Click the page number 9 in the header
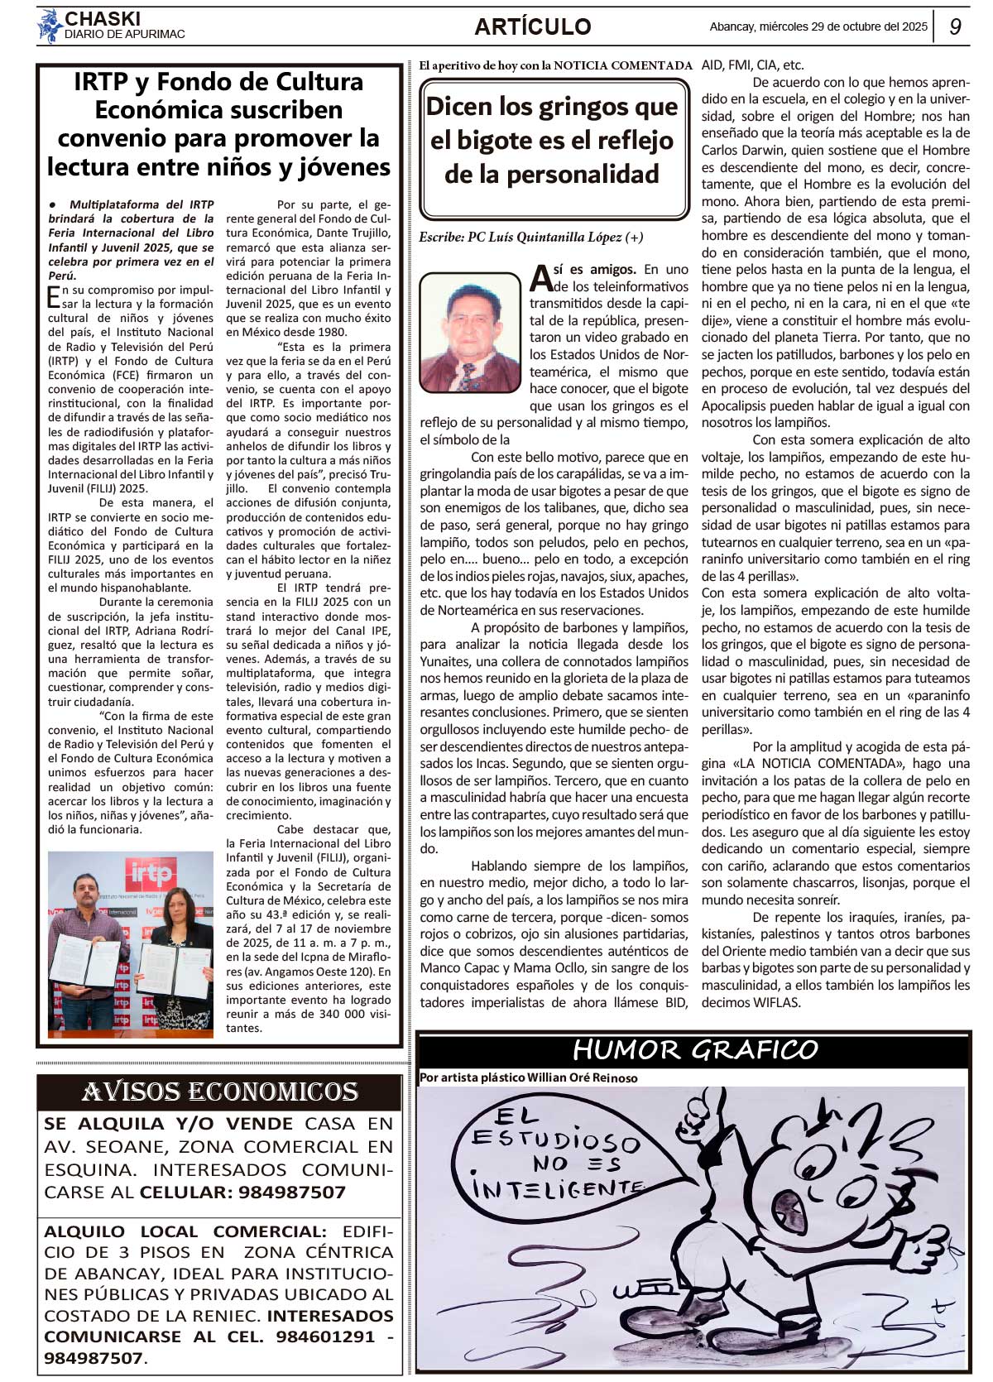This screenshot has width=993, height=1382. pos(955,26)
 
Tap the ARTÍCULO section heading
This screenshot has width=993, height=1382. pos(532,26)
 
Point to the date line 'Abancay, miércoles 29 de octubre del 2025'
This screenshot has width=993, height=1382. pos(818,26)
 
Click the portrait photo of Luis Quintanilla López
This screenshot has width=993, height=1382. pos(470,332)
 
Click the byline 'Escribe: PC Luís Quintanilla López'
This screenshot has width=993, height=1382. pos(530,238)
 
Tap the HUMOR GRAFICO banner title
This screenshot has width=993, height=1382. pos(695,1049)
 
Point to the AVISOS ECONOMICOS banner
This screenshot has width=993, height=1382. pos(219,1092)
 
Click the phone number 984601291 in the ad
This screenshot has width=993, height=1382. pos(325,1336)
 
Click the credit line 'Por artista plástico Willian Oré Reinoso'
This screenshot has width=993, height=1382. pos(528,1077)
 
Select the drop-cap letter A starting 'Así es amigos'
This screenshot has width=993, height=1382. pos(540,278)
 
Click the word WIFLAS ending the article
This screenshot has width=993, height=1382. pos(777,1003)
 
